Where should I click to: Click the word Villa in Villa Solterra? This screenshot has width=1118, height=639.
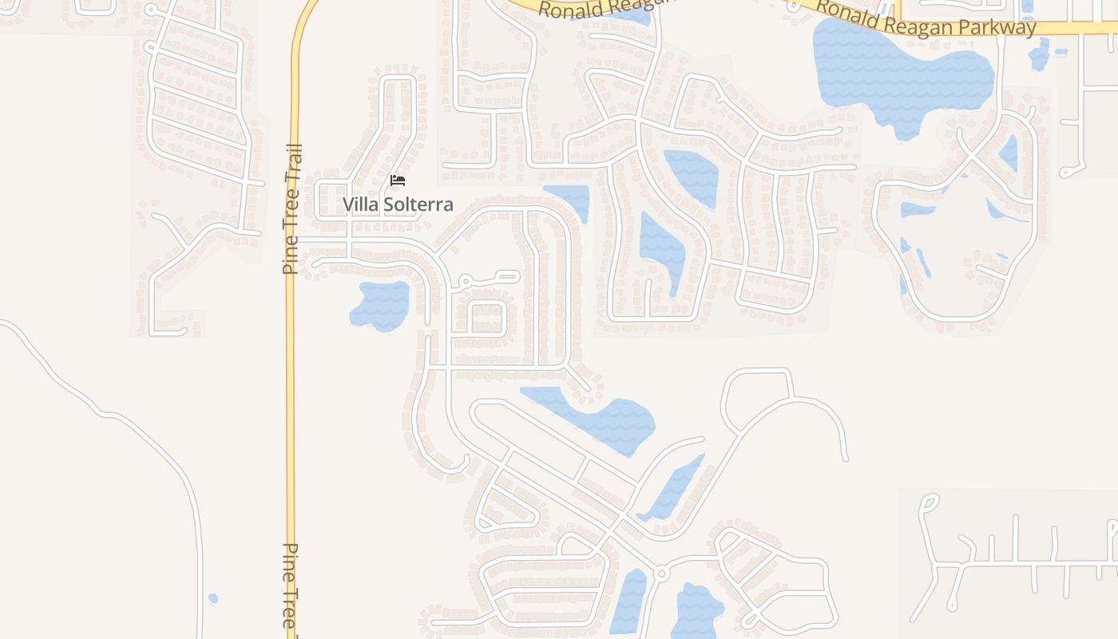[x=359, y=204]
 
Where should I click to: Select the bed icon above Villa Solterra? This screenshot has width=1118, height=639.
[x=398, y=181]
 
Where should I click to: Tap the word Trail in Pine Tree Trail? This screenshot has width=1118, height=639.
[x=292, y=165]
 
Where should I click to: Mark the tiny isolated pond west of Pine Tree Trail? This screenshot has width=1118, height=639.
[x=212, y=598]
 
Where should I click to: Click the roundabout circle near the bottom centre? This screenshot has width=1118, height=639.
[x=660, y=574]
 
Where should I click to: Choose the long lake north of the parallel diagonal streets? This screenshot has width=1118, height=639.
[x=599, y=415]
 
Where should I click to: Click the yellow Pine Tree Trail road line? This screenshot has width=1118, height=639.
[x=291, y=359]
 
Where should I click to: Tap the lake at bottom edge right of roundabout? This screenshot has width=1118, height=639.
[x=697, y=611]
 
